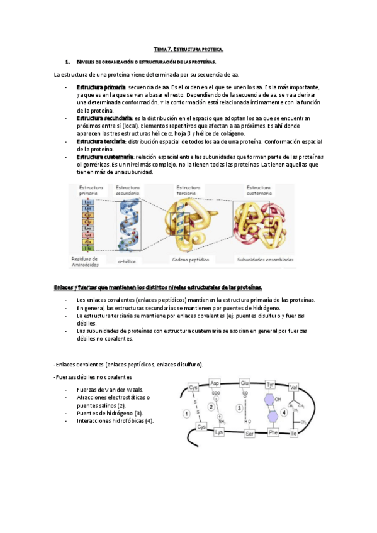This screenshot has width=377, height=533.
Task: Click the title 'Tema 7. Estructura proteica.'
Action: click(x=188, y=48)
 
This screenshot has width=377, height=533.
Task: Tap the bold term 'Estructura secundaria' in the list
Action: click(x=104, y=118)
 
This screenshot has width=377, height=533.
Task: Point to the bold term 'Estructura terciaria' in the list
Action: click(x=101, y=141)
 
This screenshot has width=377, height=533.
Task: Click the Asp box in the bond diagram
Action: click(x=214, y=383)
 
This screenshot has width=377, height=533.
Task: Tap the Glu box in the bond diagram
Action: click(x=245, y=383)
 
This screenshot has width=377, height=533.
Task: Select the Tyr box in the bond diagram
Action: click(x=271, y=383)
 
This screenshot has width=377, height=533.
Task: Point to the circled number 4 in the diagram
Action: click(x=284, y=413)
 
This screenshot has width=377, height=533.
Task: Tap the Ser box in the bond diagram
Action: click(x=249, y=433)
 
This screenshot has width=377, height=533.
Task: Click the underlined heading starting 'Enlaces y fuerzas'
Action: click(x=157, y=287)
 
